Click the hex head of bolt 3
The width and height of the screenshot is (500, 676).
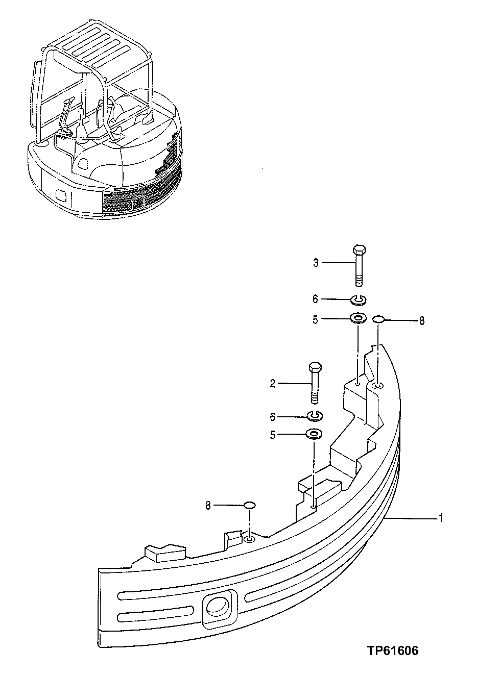[359, 250]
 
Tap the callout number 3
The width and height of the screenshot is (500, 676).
[316, 263]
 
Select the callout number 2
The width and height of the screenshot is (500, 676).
[273, 384]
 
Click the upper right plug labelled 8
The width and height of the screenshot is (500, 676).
[378, 319]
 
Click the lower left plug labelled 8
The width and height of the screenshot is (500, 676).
[249, 505]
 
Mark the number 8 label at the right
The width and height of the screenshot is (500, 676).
[421, 321]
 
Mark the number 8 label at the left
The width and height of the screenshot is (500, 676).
[208, 506]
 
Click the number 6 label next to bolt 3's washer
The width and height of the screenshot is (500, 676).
[316, 299]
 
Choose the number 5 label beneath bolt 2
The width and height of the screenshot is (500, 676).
[273, 435]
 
